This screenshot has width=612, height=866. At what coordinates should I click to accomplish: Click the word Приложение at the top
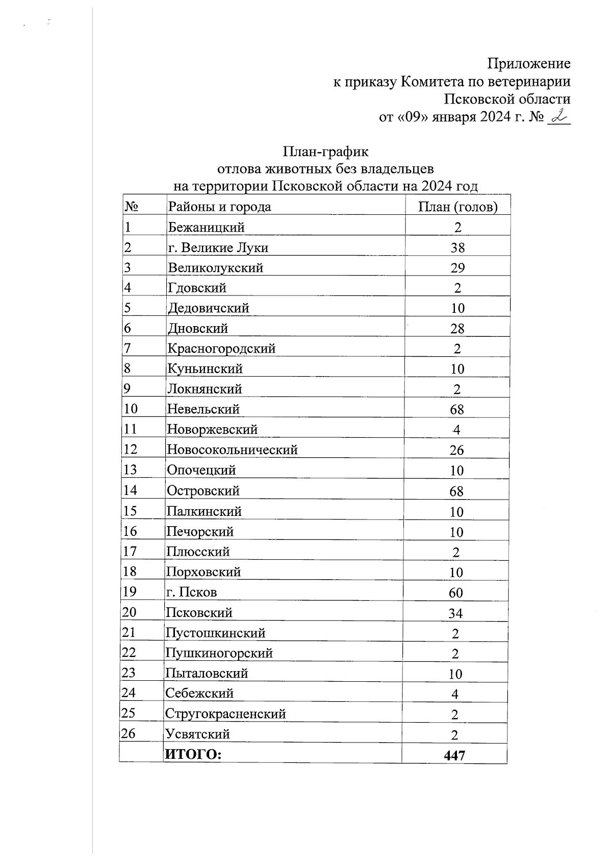click(x=528, y=64)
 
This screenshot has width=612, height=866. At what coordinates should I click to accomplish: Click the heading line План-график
click(x=325, y=152)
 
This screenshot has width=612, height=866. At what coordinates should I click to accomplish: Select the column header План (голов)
click(x=457, y=207)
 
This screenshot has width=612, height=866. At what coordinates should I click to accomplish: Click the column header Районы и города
click(x=219, y=207)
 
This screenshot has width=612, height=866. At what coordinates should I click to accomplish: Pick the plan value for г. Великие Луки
click(x=457, y=248)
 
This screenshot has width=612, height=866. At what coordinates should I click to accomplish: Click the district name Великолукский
click(x=215, y=268)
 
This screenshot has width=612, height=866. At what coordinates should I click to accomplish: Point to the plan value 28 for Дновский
click(x=457, y=329)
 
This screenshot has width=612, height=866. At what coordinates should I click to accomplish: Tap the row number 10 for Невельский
click(x=131, y=409)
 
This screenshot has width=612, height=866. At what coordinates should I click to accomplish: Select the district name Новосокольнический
click(x=232, y=450)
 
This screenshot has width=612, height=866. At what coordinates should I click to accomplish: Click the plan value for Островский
click(x=456, y=491)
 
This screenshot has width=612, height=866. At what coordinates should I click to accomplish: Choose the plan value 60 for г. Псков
click(x=456, y=593)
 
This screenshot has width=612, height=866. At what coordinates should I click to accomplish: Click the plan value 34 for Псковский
click(x=455, y=613)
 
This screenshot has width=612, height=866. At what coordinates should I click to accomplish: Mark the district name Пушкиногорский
click(x=219, y=653)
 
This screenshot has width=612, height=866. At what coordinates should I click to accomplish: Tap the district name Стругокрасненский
click(x=225, y=714)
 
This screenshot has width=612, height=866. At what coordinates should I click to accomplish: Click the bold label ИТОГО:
click(x=193, y=755)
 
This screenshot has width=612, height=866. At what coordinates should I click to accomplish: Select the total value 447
click(x=454, y=755)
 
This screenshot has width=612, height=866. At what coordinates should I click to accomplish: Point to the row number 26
click(x=128, y=734)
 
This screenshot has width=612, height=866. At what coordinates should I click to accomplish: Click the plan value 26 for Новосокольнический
click(x=456, y=450)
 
